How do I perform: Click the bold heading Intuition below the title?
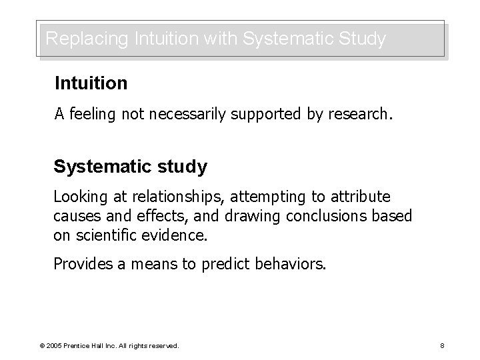pos(91,84)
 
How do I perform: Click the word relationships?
pos(173,197)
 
